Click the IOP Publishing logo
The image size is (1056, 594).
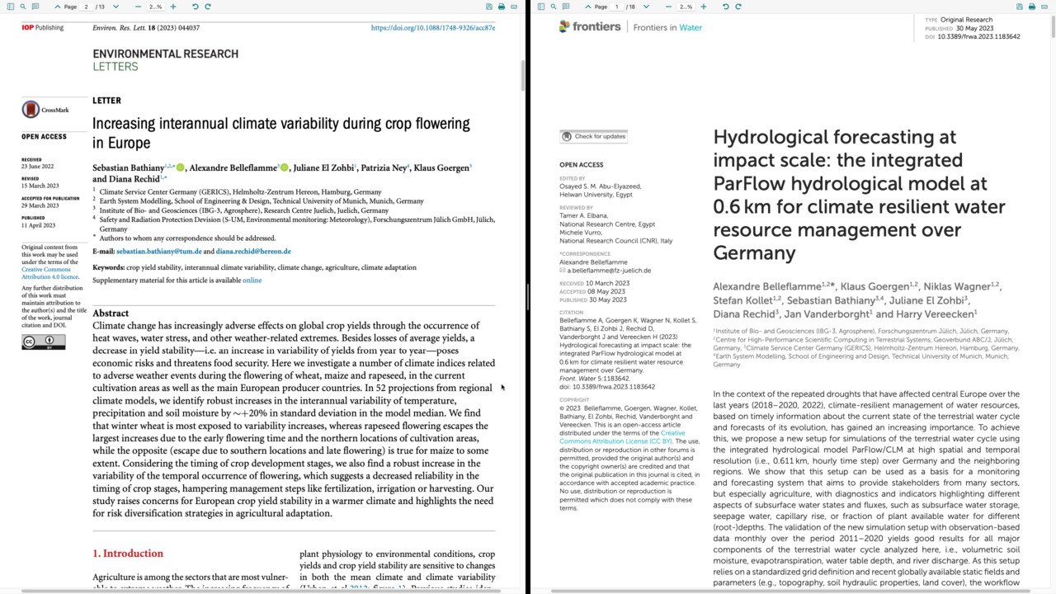pyautogui.click(x=42, y=27)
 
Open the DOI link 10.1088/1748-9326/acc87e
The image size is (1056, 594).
pyautogui.click(x=432, y=28)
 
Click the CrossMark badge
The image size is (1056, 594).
pyautogui.click(x=45, y=110)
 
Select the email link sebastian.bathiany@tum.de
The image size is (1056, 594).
pyautogui.click(x=158, y=251)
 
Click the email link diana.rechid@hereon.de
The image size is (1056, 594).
pyautogui.click(x=253, y=251)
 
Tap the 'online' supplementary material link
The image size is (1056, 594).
pyautogui.click(x=252, y=280)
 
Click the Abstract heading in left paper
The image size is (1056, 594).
pyautogui.click(x=111, y=313)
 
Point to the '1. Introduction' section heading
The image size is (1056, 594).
pyautogui.click(x=128, y=554)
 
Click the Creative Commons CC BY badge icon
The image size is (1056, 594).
pyautogui.click(x=43, y=342)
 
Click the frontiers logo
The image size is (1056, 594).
pyautogui.click(x=590, y=26)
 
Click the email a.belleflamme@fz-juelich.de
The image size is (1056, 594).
pyautogui.click(x=609, y=271)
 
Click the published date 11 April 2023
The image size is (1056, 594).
pyautogui.click(x=38, y=225)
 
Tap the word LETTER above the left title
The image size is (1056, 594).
pyautogui.click(x=106, y=101)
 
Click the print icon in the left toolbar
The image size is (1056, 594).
pyautogui.click(x=501, y=7)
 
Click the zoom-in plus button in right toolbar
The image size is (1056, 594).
pyautogui.click(x=703, y=7)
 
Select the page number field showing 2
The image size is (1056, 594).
pyautogui.click(x=86, y=7)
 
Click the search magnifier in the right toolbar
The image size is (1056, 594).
pyautogui.click(x=553, y=7)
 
